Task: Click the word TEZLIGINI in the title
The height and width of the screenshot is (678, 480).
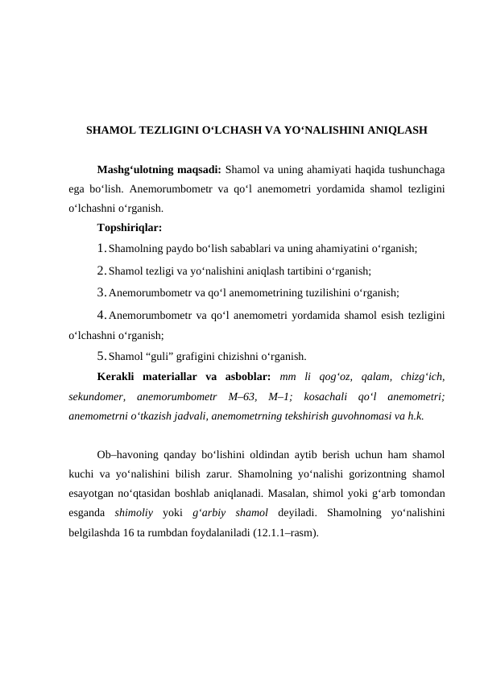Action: click(172, 130)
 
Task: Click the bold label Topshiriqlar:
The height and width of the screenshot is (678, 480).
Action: click(130, 229)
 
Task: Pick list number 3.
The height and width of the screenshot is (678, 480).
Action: click(101, 292)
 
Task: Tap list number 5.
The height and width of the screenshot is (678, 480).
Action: click(101, 355)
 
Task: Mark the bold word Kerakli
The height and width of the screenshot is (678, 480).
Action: click(114, 376)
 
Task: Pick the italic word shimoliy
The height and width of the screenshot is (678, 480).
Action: click(135, 512)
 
